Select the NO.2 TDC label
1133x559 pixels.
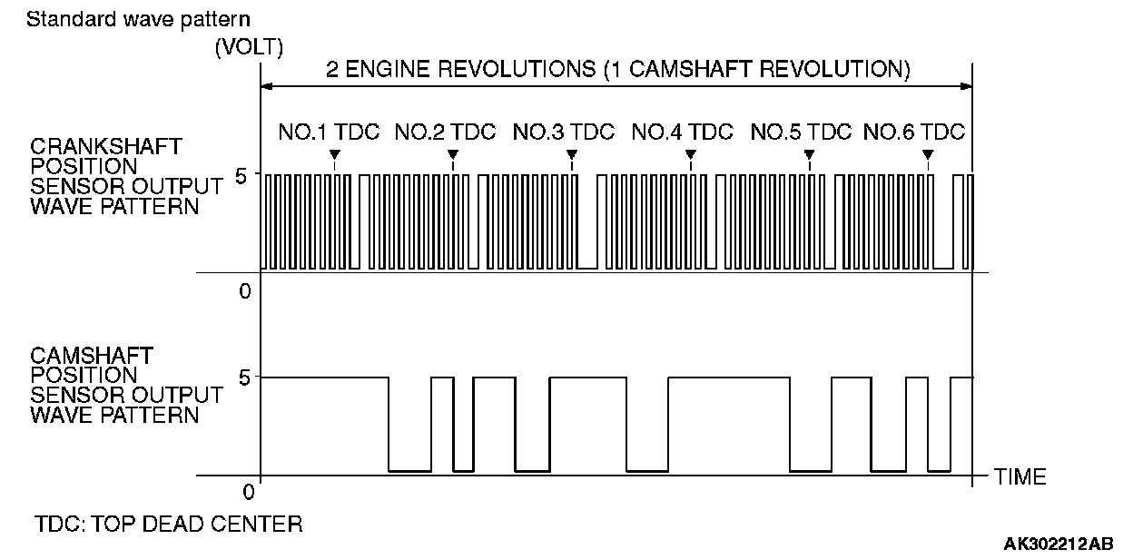point(445,132)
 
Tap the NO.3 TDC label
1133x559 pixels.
point(564,132)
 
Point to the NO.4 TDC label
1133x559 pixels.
point(682,132)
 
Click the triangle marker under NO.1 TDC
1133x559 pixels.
point(335,154)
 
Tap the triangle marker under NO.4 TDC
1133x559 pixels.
point(691,154)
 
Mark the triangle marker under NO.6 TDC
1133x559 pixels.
point(928,154)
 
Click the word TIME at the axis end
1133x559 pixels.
point(1020,476)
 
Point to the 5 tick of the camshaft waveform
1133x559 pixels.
point(241,377)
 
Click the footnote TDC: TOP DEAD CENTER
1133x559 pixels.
point(168,525)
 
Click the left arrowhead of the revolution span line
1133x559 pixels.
point(266,87)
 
